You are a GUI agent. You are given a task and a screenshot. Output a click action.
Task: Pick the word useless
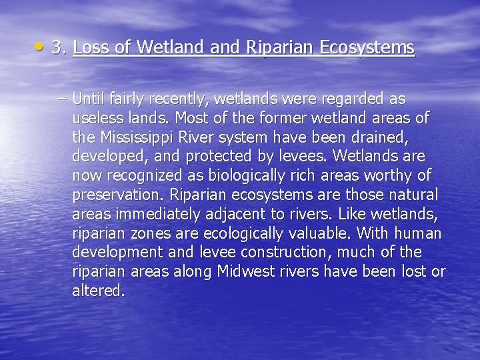(x=97, y=119)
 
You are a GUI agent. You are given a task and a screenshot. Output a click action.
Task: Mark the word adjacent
(x=230, y=214)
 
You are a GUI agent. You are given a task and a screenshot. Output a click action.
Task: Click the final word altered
(x=98, y=291)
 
